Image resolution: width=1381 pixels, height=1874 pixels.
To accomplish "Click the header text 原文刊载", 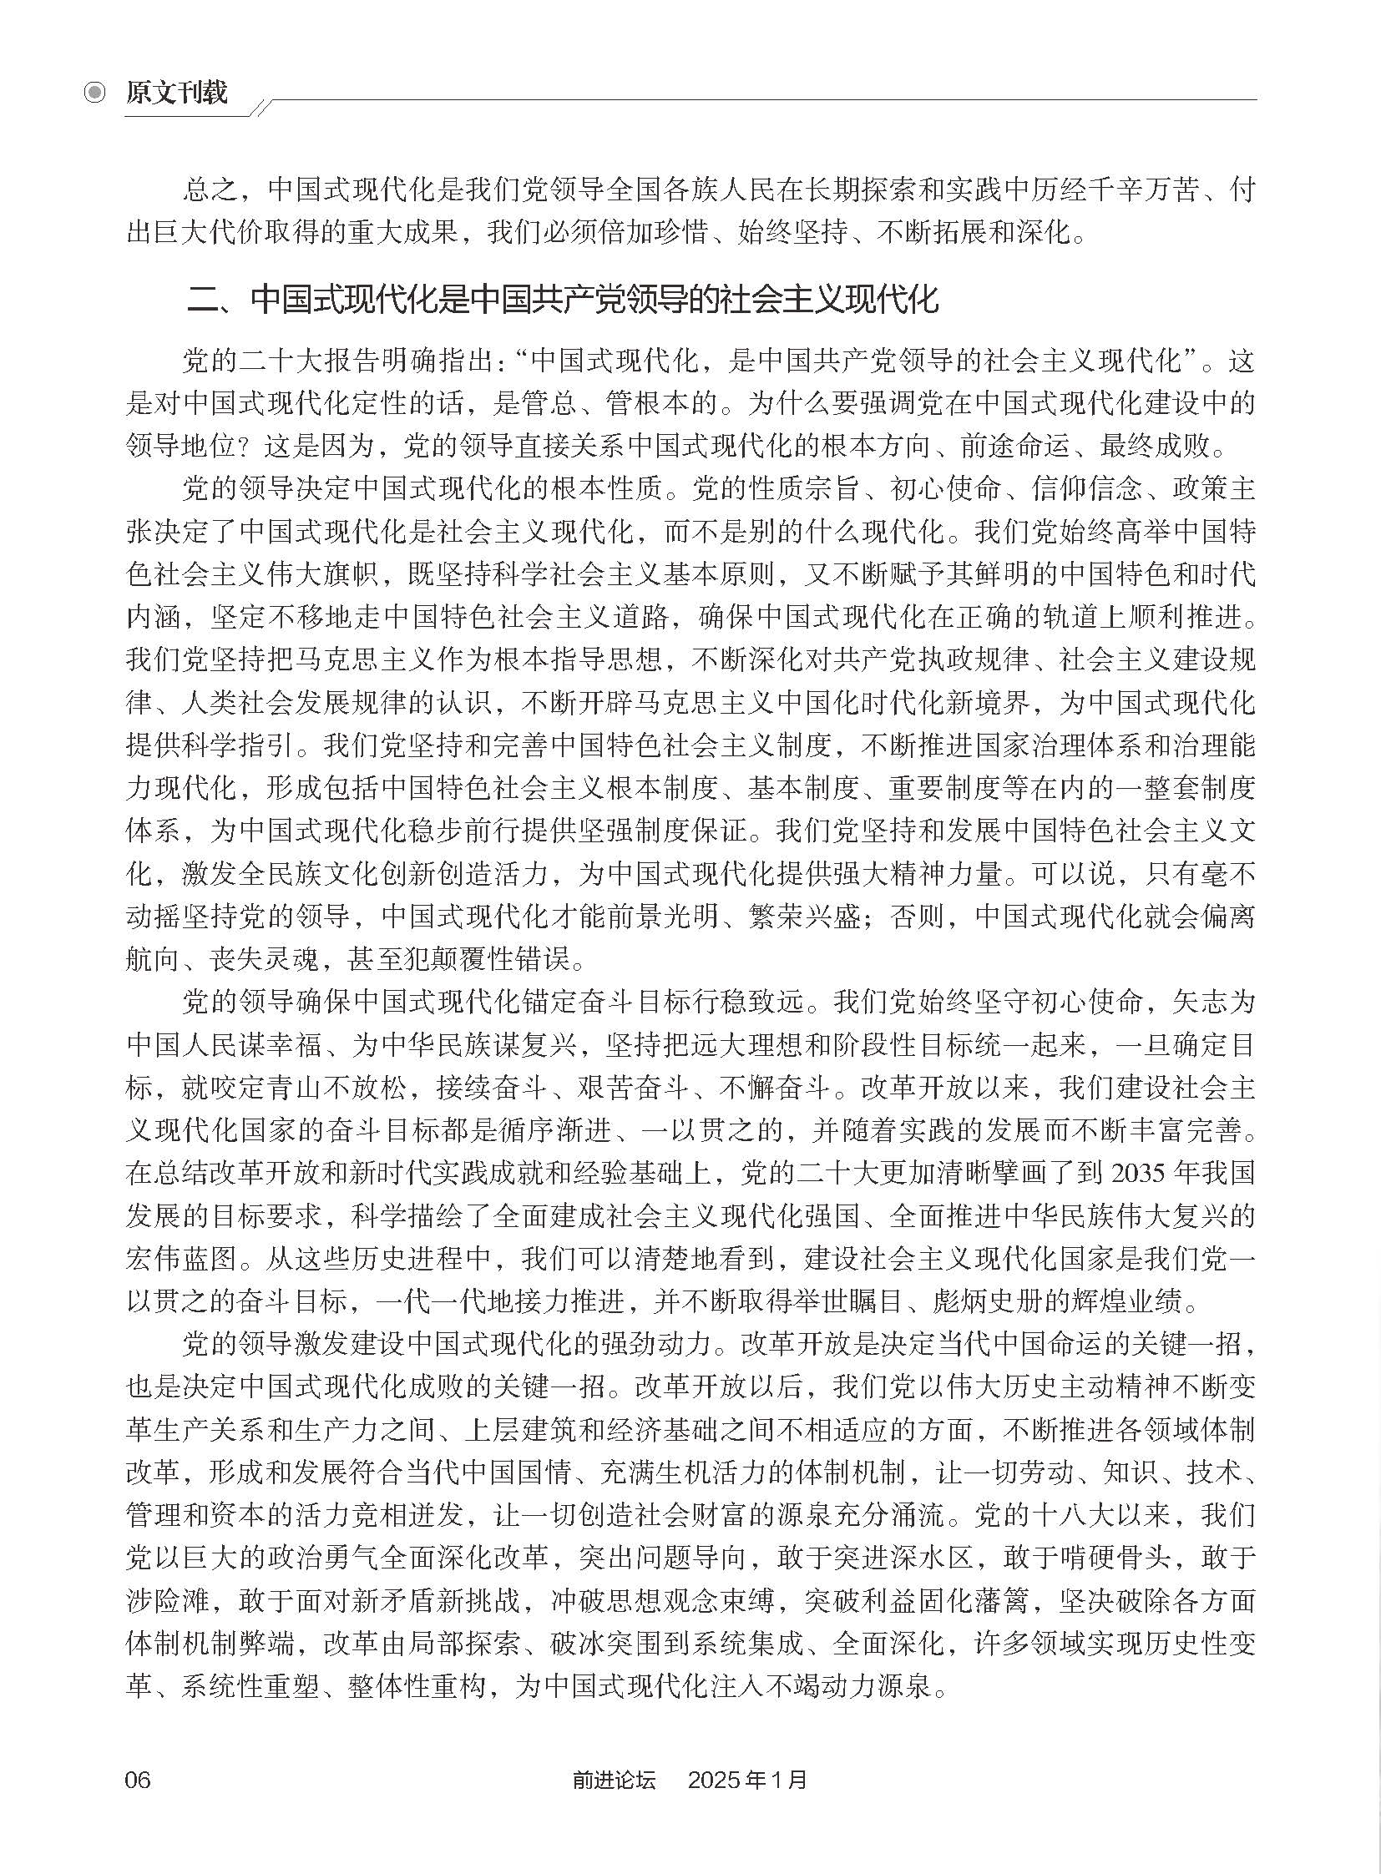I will click(176, 92).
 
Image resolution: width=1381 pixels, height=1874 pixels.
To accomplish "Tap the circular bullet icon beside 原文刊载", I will click(96, 92).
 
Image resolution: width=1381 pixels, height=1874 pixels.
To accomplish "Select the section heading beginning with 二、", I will click(563, 299).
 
